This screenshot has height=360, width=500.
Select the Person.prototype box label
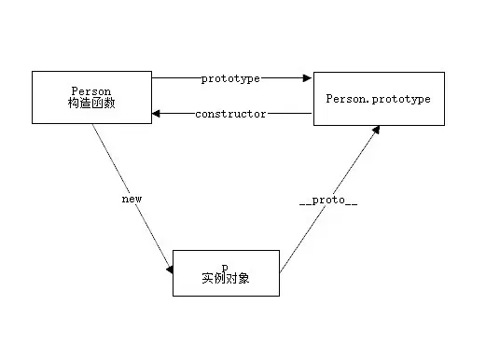(x=377, y=99)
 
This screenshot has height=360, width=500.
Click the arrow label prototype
(x=230, y=79)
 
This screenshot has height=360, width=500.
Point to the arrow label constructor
(x=230, y=114)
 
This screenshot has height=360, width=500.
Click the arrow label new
(x=131, y=199)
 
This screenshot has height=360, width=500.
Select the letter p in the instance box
(x=226, y=266)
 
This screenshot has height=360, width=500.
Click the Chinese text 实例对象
(x=226, y=278)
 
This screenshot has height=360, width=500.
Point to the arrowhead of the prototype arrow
(x=308, y=79)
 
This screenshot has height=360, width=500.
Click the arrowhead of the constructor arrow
(x=157, y=114)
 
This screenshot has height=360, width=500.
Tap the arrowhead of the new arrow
(x=170, y=270)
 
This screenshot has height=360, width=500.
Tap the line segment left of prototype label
(x=175, y=79)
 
